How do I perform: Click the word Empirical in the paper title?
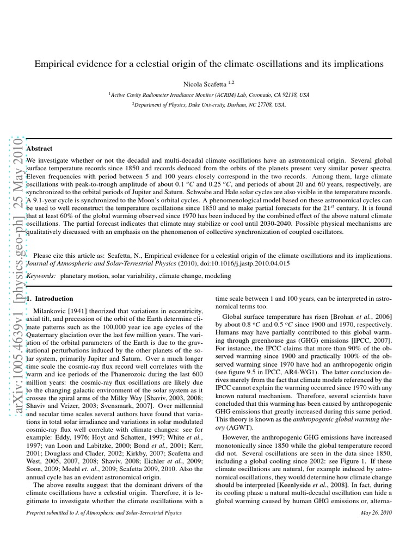click(x=53, y=64)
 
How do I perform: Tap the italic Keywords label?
click(x=40, y=276)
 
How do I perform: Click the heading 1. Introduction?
click(x=50, y=299)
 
